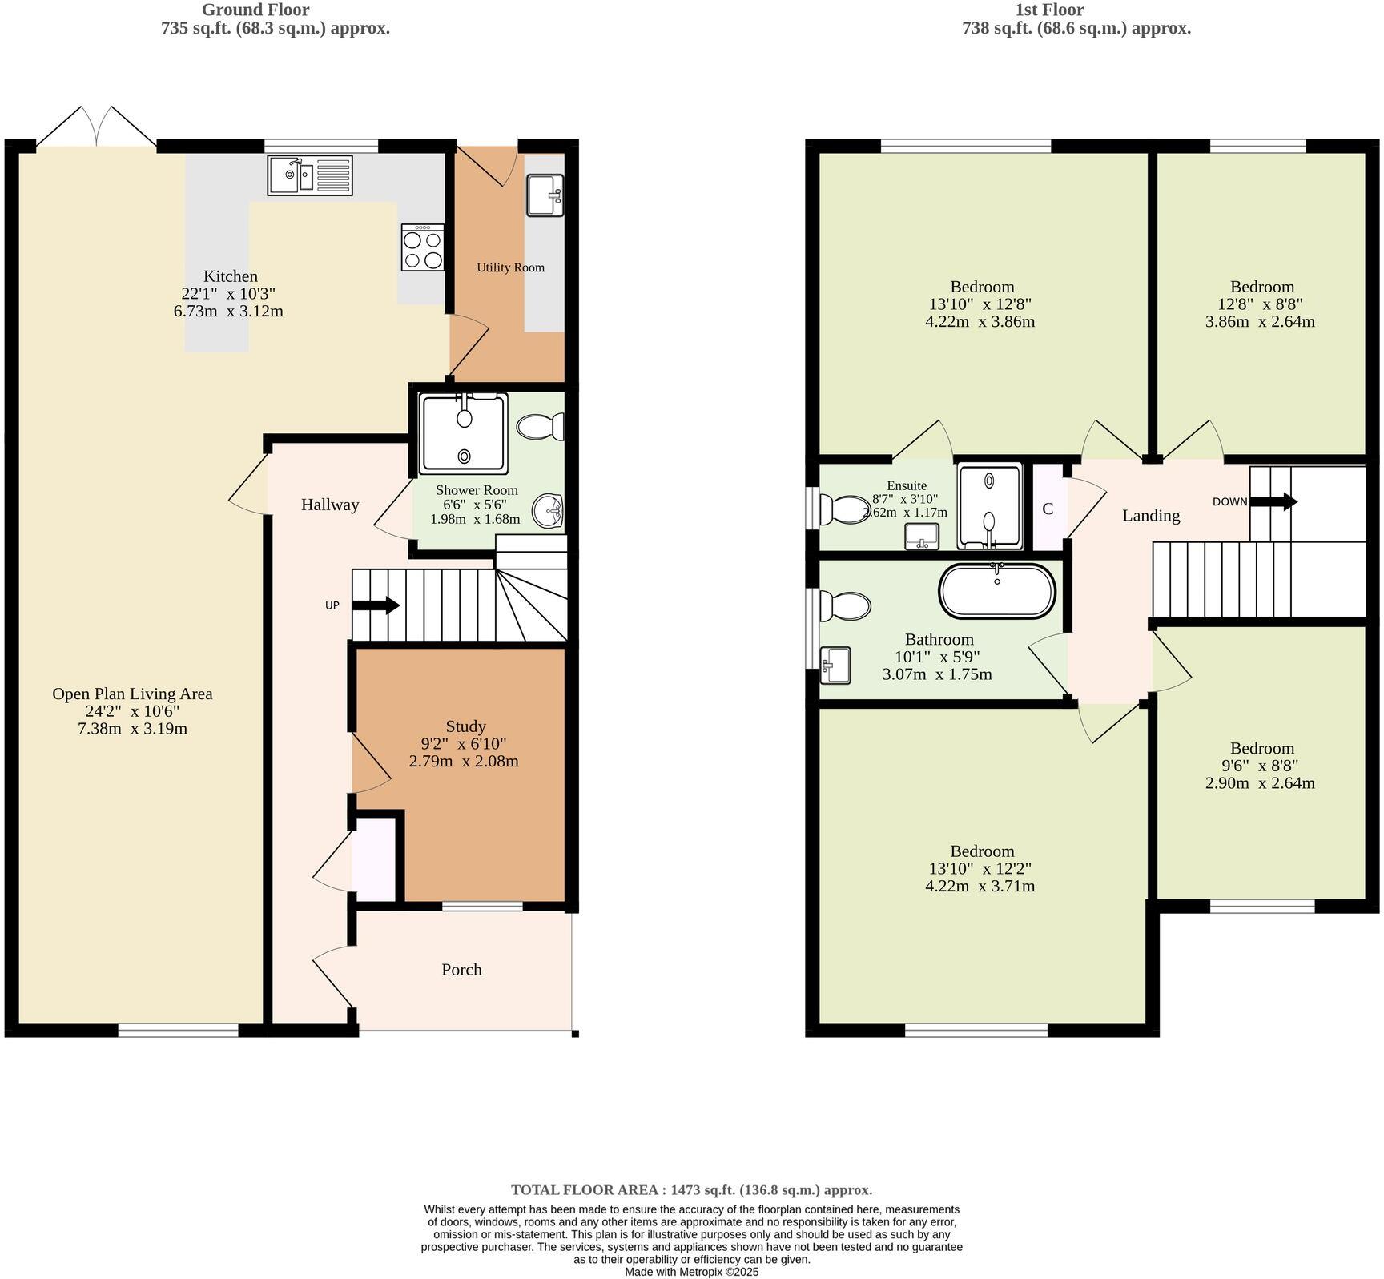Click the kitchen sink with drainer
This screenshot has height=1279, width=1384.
(x=310, y=175)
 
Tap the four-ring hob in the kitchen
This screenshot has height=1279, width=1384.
(x=423, y=247)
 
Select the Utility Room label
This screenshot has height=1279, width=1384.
(x=510, y=267)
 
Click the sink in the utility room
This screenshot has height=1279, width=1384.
(x=545, y=195)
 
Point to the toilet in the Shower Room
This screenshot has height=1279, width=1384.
(x=541, y=427)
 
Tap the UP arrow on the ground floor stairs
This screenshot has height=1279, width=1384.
(x=376, y=605)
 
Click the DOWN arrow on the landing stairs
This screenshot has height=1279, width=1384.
(x=1273, y=502)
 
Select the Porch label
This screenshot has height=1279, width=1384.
(x=461, y=970)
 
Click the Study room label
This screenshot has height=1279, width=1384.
(x=465, y=726)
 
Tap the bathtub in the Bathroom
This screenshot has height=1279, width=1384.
(x=997, y=591)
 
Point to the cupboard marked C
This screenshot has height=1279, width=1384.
(x=1048, y=509)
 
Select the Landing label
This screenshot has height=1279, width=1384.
(x=1151, y=516)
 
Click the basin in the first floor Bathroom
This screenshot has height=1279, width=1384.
(x=836, y=665)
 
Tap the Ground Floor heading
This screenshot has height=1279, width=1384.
(x=255, y=10)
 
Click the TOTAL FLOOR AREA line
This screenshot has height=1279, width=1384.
(x=691, y=1190)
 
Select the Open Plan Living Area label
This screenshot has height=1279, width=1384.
(x=132, y=694)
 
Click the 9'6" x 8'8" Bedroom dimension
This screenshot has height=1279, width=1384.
(x=1261, y=766)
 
